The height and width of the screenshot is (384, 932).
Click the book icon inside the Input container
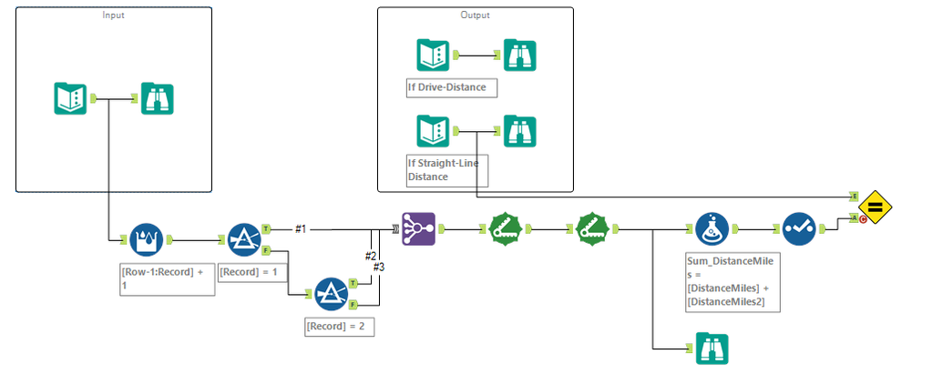70,98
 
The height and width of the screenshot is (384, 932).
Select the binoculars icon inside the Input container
157,98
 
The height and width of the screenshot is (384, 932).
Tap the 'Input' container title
113,15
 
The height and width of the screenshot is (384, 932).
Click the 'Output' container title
475,15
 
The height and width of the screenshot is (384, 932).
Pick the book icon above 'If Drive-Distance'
432,56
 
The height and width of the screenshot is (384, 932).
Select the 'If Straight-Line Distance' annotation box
447,170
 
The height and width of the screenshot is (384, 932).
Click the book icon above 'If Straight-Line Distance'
432,130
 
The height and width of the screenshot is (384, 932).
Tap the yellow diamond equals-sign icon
875,207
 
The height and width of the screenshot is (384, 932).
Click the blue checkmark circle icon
798,229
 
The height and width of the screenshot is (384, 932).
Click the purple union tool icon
418,229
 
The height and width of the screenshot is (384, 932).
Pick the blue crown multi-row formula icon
146,240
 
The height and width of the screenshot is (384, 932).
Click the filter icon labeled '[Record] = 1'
243,240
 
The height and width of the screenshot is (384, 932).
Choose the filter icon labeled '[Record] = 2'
330,294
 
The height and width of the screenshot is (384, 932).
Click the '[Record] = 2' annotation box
339,326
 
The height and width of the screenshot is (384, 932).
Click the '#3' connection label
379,267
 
